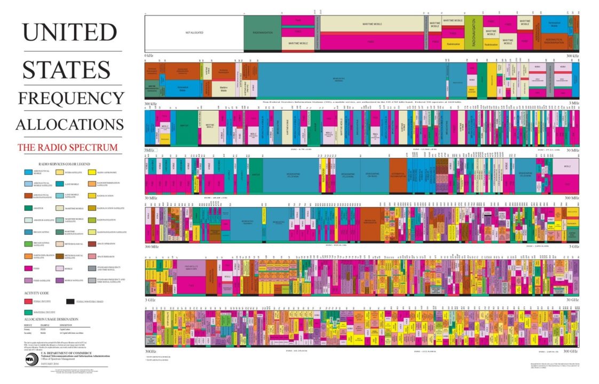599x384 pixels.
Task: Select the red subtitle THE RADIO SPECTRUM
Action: pos(67,147)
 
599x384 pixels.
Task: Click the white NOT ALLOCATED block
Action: pos(194,33)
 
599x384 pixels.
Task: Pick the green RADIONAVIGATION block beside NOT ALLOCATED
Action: pos(262,33)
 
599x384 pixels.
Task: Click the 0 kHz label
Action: pos(149,56)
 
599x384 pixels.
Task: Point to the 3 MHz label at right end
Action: pos(574,103)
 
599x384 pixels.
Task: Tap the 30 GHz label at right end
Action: pos(572,300)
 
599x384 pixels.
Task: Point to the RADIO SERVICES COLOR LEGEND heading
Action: pos(64,164)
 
